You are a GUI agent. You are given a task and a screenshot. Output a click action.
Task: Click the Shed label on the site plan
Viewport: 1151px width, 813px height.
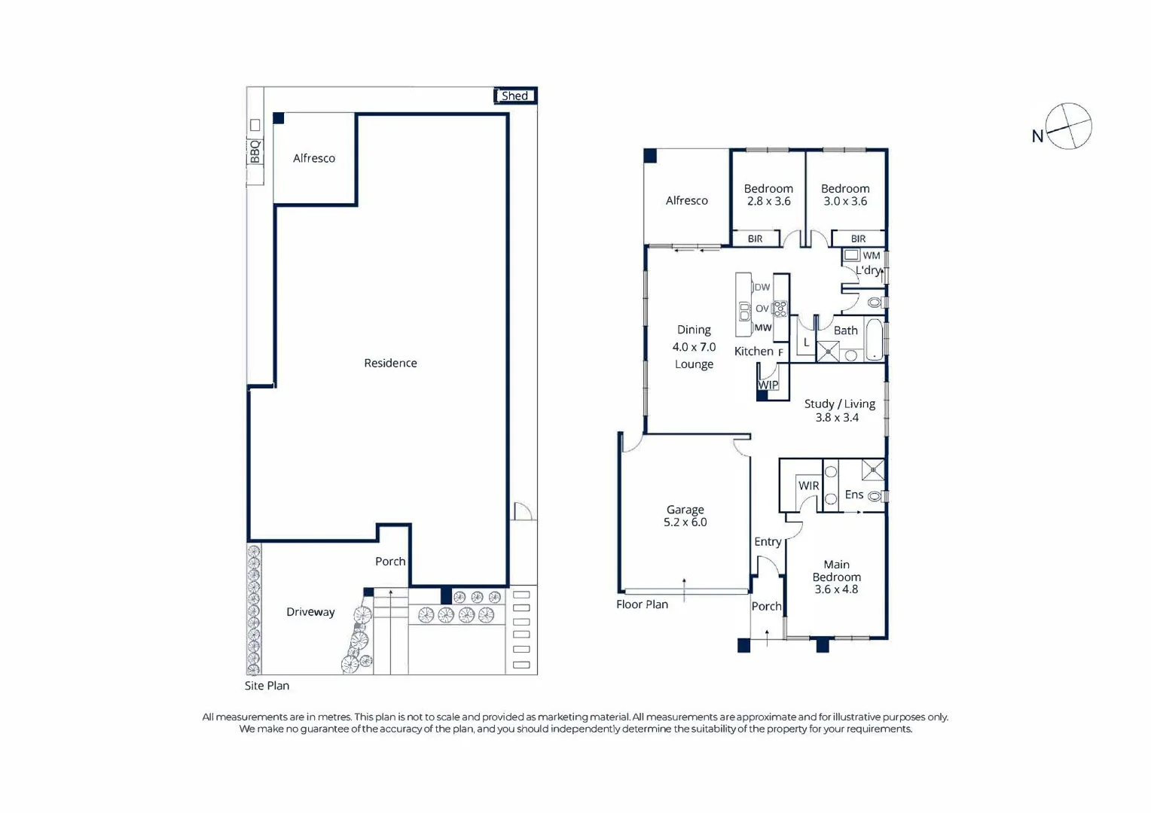tap(514, 96)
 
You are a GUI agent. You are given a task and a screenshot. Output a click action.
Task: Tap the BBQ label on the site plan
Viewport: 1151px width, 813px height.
tap(255, 151)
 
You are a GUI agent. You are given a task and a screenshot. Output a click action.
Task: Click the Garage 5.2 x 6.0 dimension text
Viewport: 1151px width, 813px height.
tap(685, 522)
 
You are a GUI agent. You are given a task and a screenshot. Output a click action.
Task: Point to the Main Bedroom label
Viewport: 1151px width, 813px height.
tap(836, 571)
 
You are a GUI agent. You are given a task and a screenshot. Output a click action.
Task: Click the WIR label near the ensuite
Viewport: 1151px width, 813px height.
tap(808, 486)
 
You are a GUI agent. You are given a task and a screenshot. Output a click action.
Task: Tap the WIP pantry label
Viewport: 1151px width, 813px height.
tap(768, 385)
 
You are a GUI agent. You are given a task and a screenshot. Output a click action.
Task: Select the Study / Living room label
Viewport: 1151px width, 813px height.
tap(839, 404)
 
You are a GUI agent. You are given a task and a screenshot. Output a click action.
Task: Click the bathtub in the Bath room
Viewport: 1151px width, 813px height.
tap(874, 341)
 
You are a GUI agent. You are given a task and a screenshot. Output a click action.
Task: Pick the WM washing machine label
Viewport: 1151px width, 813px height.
tap(871, 255)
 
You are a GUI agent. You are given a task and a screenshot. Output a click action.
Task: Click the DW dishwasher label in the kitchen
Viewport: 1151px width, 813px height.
tap(762, 287)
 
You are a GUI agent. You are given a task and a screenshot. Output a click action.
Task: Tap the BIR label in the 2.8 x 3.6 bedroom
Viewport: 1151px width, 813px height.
tap(755, 239)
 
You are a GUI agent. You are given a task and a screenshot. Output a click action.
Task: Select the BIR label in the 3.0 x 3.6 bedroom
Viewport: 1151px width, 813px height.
tap(858, 239)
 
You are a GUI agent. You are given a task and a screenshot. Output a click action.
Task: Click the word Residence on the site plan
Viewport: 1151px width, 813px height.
tap(390, 363)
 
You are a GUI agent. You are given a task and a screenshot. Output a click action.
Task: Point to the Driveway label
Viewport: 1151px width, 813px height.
tap(310, 612)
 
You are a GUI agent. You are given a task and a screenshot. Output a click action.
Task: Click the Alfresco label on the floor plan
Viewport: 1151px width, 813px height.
tap(686, 200)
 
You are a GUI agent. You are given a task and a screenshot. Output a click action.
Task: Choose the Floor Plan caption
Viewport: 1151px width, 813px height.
tap(642, 604)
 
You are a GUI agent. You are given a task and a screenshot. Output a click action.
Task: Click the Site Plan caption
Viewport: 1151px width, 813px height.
tap(267, 686)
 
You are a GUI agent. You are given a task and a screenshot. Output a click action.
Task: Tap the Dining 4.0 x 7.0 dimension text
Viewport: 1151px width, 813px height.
tap(694, 347)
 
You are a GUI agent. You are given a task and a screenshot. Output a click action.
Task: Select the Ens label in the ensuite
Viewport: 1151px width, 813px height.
tap(853, 495)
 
